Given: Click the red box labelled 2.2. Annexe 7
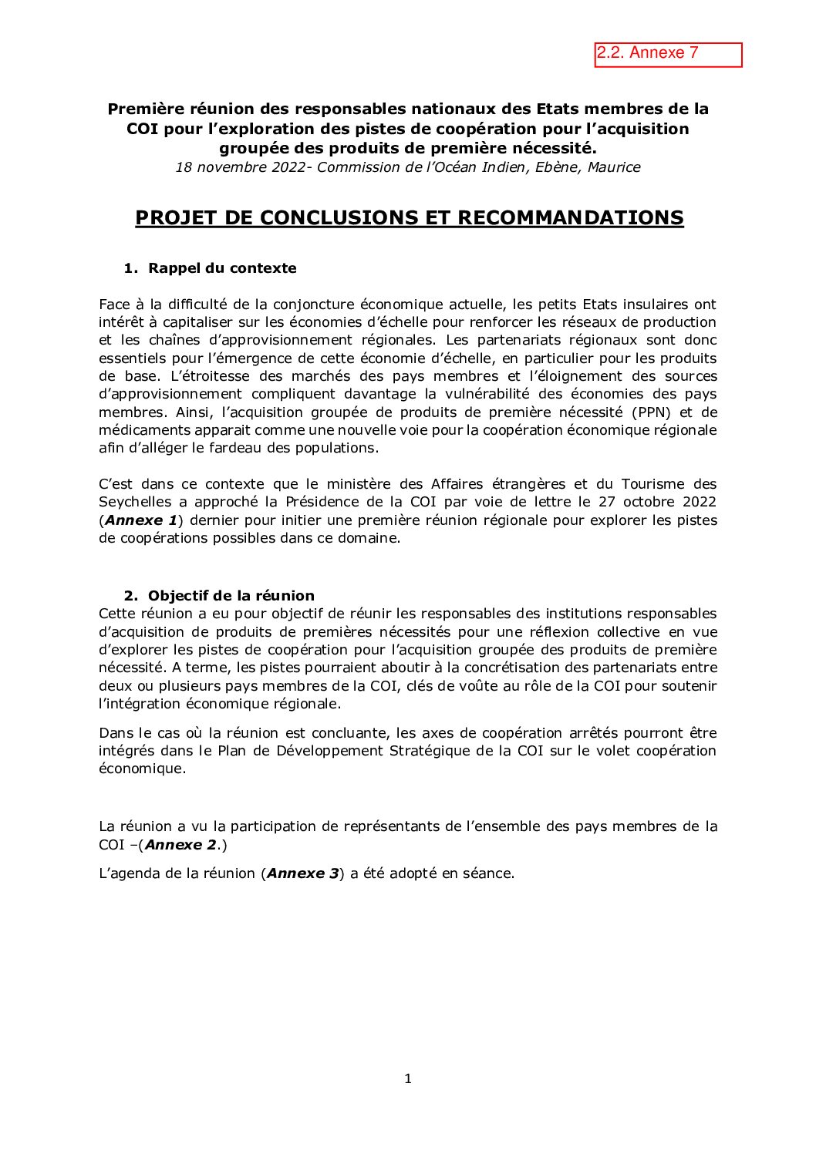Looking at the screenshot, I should pos(668,55).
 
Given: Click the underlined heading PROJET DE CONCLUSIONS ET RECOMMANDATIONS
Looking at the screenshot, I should pos(409,218).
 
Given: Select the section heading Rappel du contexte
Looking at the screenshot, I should pos(222,268).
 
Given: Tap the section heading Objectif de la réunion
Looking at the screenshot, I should pos(231,596).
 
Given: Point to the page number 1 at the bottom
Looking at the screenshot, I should pos(408,1078).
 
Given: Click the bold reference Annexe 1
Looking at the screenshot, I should pos(141,520).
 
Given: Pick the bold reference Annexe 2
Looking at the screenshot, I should pos(180,845).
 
